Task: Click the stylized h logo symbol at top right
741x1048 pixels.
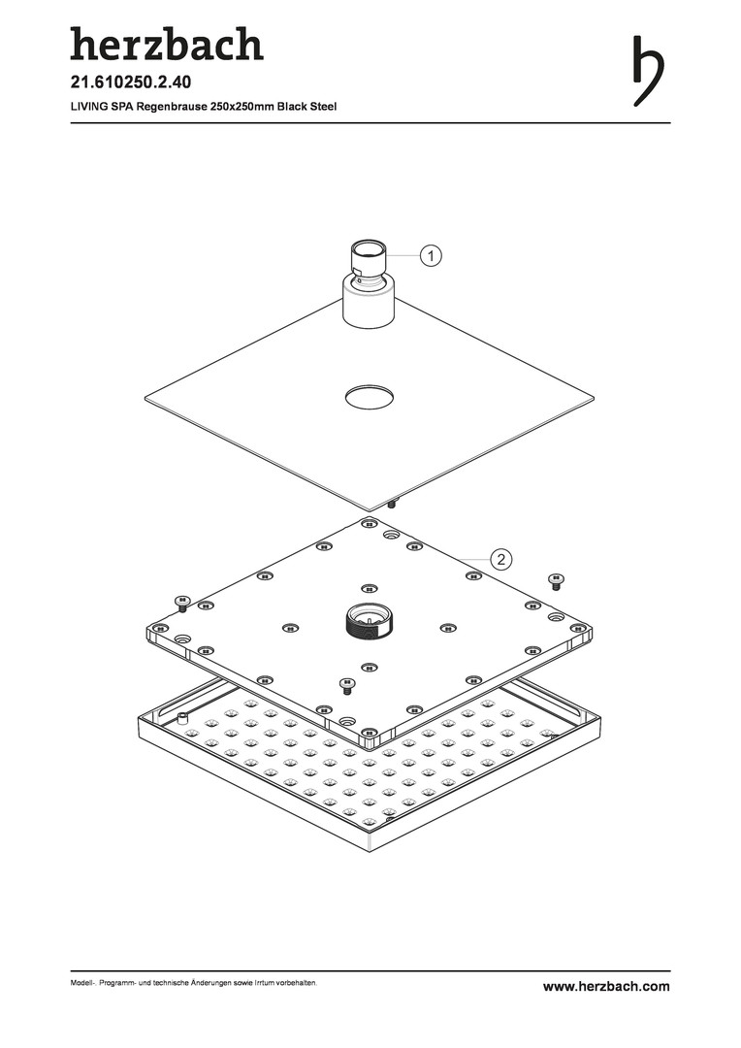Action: [648, 71]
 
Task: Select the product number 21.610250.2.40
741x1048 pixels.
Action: [131, 82]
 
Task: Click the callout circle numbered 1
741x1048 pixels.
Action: [431, 256]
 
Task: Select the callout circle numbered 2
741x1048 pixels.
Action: [501, 560]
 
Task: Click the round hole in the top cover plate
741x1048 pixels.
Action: [369, 397]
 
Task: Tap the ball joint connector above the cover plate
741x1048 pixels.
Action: [369, 282]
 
